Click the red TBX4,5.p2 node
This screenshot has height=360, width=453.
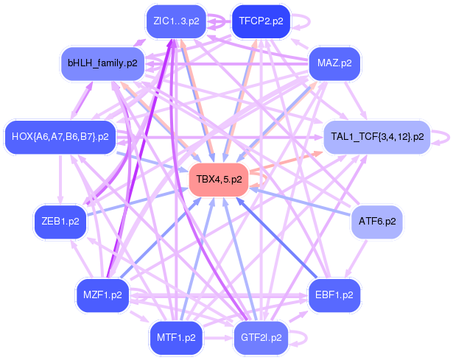(x=219, y=180)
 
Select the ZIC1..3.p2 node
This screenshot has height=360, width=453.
(x=176, y=21)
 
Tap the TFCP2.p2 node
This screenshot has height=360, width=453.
(x=261, y=21)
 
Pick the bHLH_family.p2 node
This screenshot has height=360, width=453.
(x=102, y=63)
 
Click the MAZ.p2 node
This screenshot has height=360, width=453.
(x=334, y=63)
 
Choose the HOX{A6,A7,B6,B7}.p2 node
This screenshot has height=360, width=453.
(x=60, y=137)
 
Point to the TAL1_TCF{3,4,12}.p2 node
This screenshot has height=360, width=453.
(x=377, y=137)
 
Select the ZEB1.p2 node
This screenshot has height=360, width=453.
(x=60, y=222)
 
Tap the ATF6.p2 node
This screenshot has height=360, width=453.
(x=377, y=222)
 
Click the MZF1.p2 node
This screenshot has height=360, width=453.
(x=102, y=295)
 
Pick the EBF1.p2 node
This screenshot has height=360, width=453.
(x=334, y=295)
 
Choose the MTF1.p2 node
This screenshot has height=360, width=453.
(x=176, y=338)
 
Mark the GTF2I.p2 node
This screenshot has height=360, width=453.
(x=261, y=338)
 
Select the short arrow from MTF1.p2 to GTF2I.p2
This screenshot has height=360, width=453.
(x=218, y=338)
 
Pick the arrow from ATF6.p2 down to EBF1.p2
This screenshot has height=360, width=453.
(x=356, y=259)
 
